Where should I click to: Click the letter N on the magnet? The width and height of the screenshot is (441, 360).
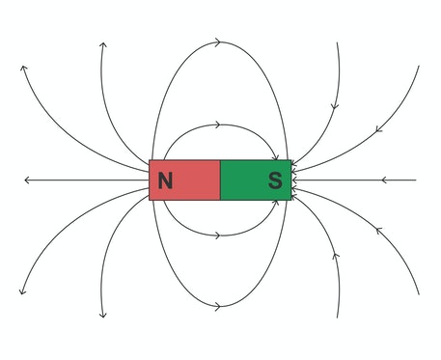[x=166, y=180]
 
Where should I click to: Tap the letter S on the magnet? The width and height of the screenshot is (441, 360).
[x=274, y=180]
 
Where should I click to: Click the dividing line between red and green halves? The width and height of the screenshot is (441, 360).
[x=220, y=180]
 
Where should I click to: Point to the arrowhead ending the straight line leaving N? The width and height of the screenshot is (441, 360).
[x=28, y=180]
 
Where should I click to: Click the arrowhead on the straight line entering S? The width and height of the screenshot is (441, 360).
[x=384, y=180]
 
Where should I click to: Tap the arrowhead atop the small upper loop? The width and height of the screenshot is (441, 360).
[x=219, y=125]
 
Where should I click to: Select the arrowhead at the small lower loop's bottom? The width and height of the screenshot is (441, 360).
[x=219, y=235]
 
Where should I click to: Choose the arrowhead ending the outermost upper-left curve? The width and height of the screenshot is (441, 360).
[x=23, y=69]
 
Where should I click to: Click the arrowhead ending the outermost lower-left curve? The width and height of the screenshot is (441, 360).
[x=21, y=291]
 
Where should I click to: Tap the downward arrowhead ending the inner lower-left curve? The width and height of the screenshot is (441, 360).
[x=102, y=314]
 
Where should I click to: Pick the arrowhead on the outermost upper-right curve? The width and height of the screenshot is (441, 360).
[x=378, y=126]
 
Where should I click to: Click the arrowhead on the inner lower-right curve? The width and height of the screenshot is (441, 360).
[x=335, y=257]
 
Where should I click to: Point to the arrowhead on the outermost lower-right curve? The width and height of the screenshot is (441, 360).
[x=378, y=232]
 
